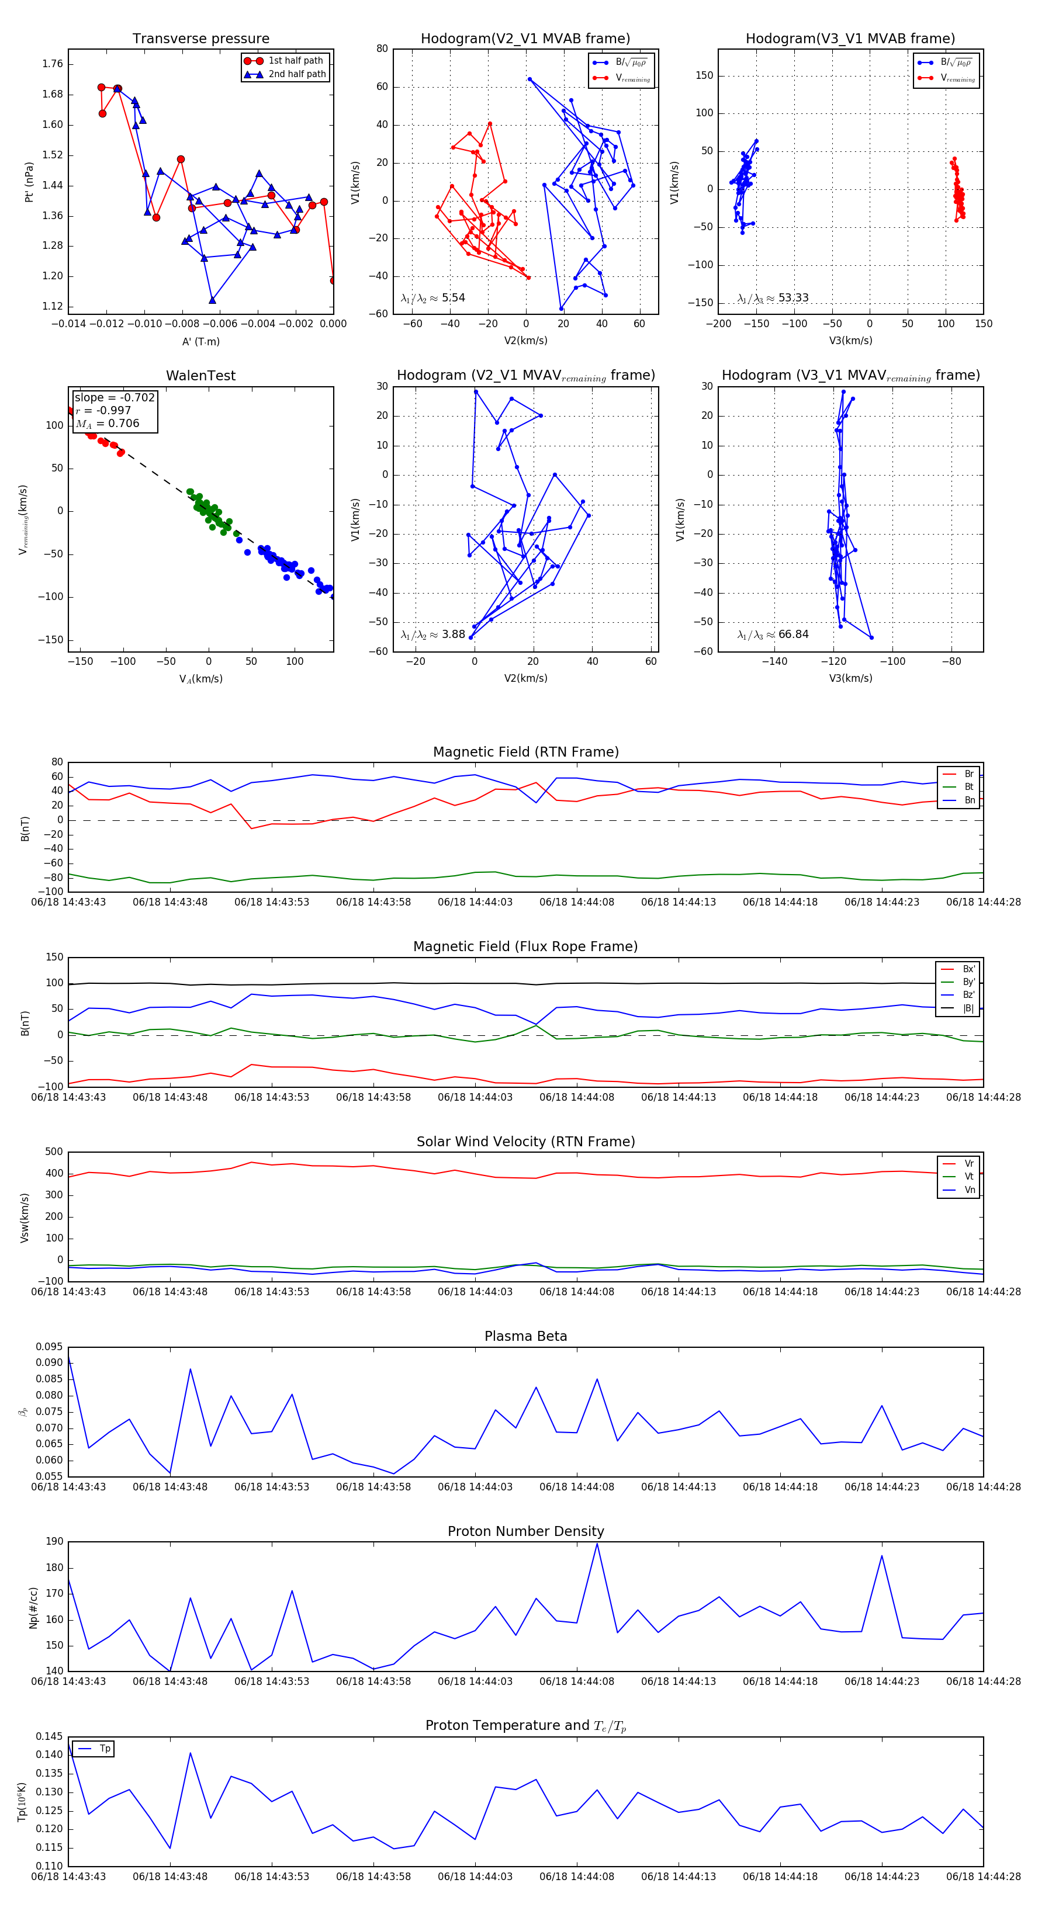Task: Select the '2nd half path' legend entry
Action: click(x=296, y=74)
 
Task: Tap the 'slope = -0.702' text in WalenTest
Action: click(x=115, y=397)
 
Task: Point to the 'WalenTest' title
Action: click(x=200, y=376)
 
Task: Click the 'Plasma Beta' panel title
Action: click(x=525, y=1336)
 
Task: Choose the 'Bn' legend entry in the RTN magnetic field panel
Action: click(x=969, y=800)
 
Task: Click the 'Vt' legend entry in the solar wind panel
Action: click(x=969, y=1177)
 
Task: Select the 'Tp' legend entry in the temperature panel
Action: click(x=105, y=1749)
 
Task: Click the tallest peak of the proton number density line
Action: click(x=597, y=1544)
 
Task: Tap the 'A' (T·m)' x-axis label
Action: click(x=200, y=341)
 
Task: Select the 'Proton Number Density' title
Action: click(x=525, y=1531)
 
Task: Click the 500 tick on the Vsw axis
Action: click(x=54, y=1152)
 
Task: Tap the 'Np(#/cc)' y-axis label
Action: click(x=33, y=1608)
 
